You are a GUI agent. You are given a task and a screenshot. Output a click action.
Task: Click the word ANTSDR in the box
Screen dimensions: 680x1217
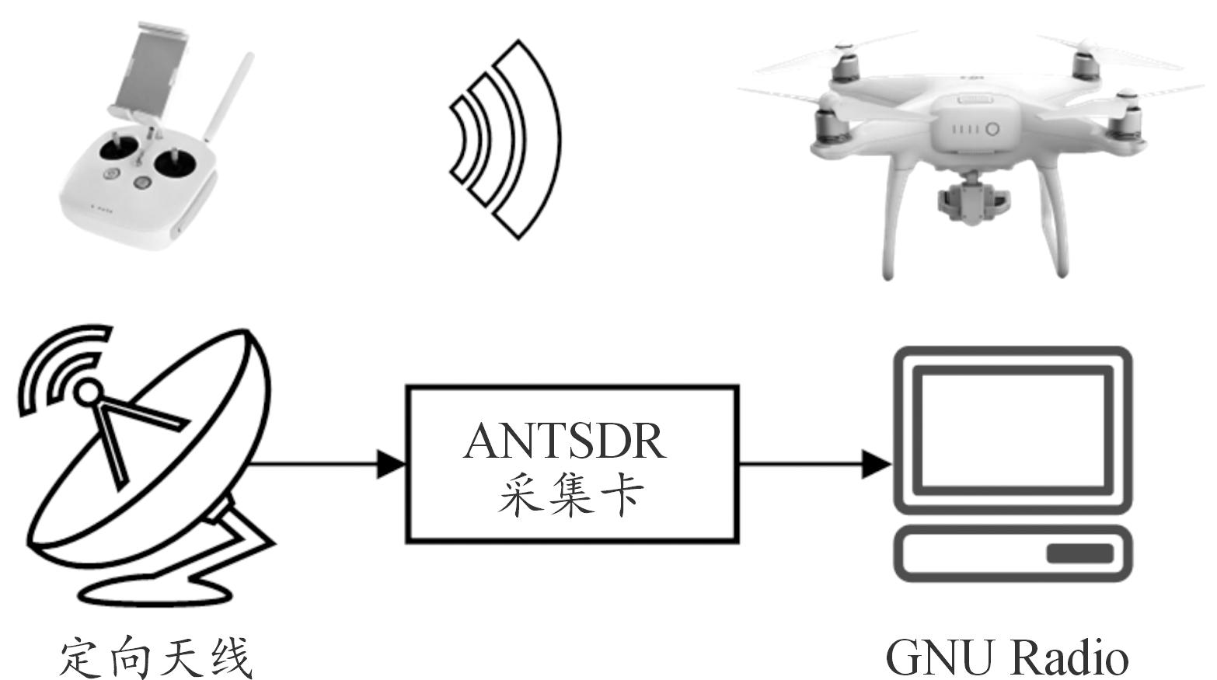coord(564,441)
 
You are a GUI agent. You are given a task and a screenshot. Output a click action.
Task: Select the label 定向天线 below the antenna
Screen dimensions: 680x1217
coord(156,657)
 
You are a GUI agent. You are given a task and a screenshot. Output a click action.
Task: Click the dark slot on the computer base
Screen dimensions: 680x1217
coord(1079,554)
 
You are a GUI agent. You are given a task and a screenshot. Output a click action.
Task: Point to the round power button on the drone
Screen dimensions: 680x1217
coord(991,129)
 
